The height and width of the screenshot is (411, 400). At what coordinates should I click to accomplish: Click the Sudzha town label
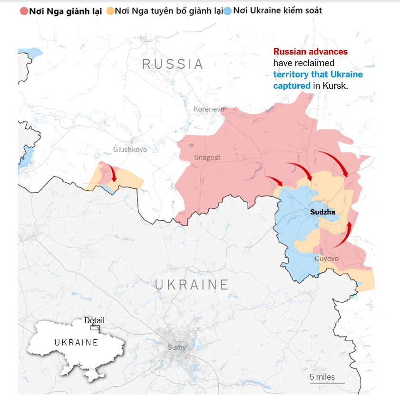pos(322,212)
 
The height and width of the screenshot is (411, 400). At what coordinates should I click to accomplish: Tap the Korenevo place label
pos(208,109)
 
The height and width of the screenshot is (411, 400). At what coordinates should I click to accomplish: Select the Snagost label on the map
pos(207,158)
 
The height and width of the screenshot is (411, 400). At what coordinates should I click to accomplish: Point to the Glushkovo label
pos(130,149)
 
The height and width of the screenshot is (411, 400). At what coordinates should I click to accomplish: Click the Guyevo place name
pos(326,259)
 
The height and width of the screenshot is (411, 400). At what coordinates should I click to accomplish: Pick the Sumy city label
pos(176,347)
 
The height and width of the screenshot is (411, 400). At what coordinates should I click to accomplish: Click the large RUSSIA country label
pos(173,64)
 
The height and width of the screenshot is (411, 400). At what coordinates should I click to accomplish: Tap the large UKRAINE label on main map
pos(192,284)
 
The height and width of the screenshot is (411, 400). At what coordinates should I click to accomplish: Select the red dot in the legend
pos(24,10)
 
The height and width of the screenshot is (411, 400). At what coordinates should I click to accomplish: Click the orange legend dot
pos(110,10)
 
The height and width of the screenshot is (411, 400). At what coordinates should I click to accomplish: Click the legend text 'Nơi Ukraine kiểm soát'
pos(277,10)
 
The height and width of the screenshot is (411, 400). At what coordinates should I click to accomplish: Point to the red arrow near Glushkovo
pos(113,173)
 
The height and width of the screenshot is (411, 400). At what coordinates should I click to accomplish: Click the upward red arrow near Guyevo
pos(344,235)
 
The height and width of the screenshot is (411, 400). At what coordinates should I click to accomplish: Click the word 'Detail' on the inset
pos(94,320)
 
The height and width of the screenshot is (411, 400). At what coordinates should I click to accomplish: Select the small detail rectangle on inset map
pos(95,327)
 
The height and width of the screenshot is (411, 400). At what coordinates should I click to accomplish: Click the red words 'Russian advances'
pos(310,52)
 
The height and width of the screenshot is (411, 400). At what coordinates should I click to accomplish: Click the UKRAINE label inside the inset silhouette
pos(76,343)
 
